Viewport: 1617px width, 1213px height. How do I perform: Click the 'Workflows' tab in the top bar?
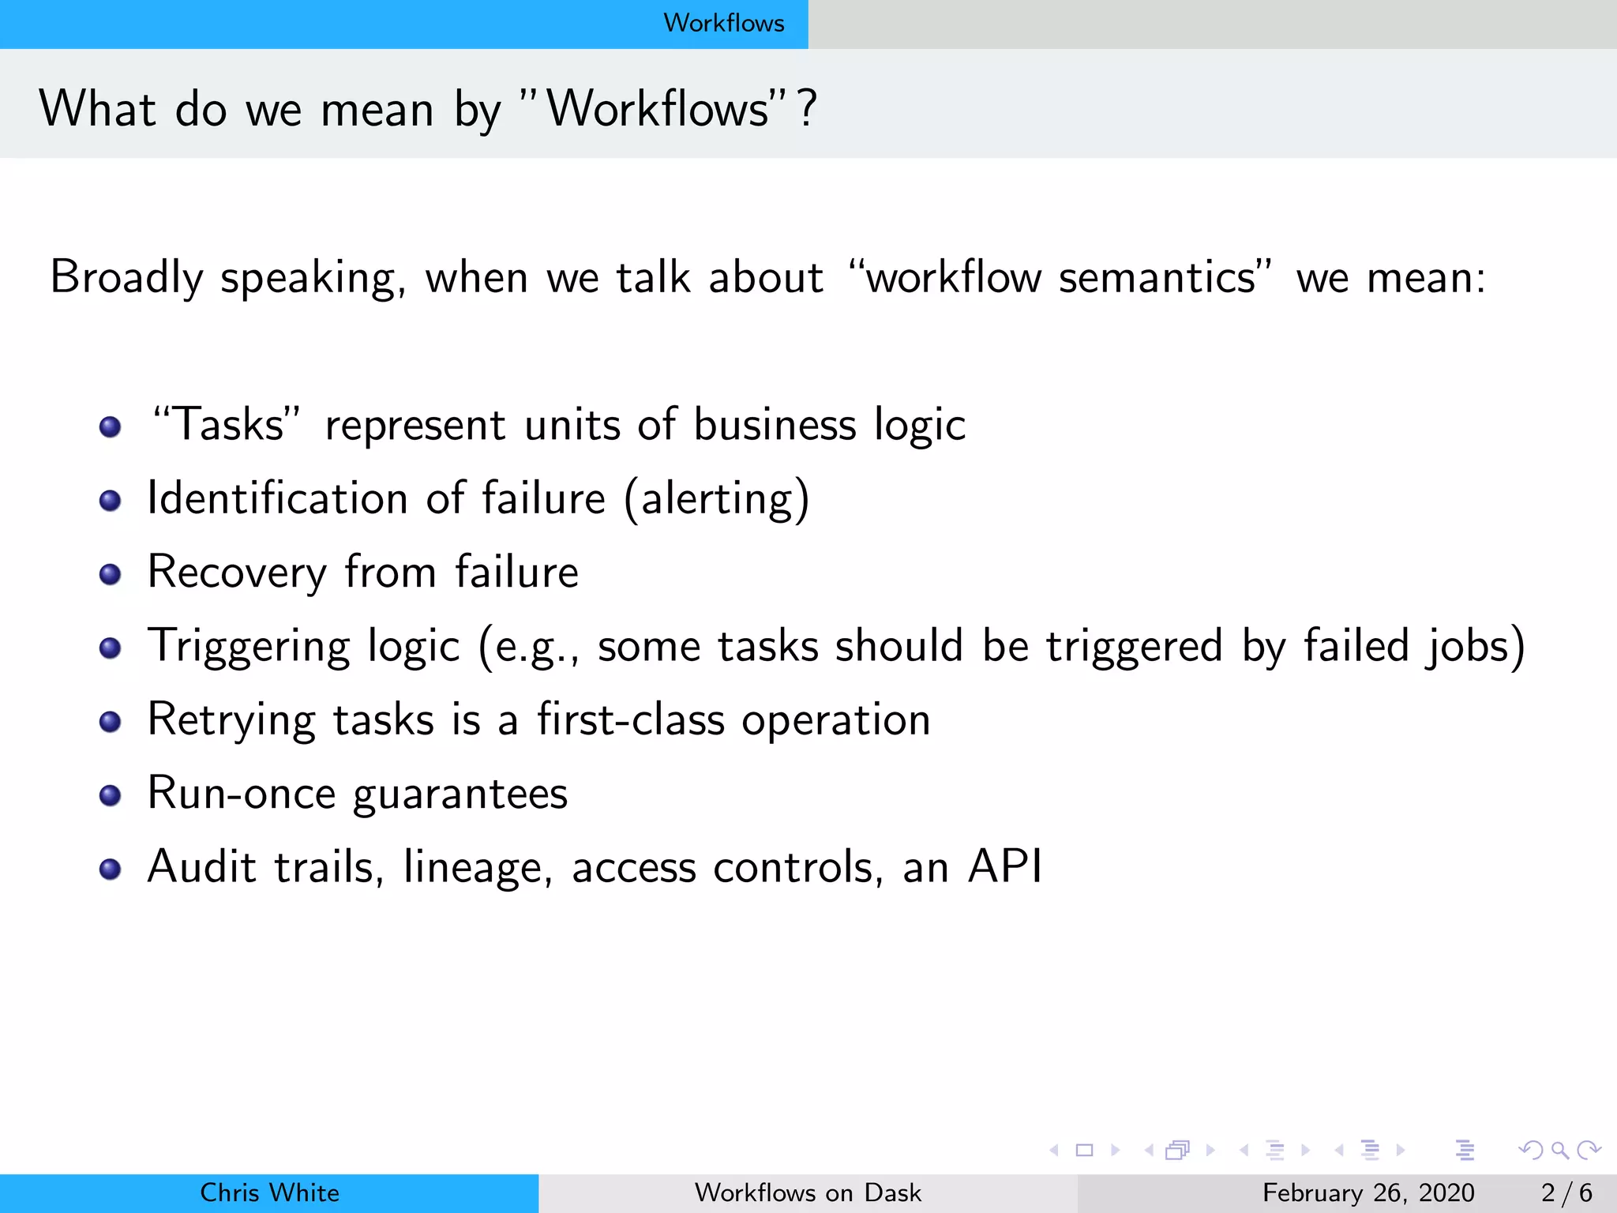(723, 23)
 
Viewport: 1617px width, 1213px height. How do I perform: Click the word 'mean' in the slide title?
(377, 109)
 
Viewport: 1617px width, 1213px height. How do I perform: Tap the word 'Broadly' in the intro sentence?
(126, 278)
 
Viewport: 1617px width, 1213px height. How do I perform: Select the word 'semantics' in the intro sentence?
(1156, 278)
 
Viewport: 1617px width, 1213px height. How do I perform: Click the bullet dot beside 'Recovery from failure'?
(110, 574)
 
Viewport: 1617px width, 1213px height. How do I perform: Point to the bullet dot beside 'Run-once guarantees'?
(110, 795)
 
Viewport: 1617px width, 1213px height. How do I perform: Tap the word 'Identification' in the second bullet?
(277, 498)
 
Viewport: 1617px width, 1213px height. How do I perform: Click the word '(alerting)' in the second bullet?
(717, 498)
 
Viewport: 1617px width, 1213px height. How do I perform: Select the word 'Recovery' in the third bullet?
(237, 573)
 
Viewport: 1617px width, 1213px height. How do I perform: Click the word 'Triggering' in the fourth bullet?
(248, 646)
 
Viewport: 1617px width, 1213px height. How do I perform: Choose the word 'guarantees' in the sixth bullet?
(460, 794)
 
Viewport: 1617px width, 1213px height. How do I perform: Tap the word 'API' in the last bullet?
(1004, 866)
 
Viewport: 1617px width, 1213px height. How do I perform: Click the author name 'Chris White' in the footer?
(269, 1192)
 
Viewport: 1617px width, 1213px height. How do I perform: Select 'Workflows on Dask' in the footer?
(808, 1192)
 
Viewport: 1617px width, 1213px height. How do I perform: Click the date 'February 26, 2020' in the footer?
(1368, 1192)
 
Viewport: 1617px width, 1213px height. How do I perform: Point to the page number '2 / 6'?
(1566, 1192)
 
